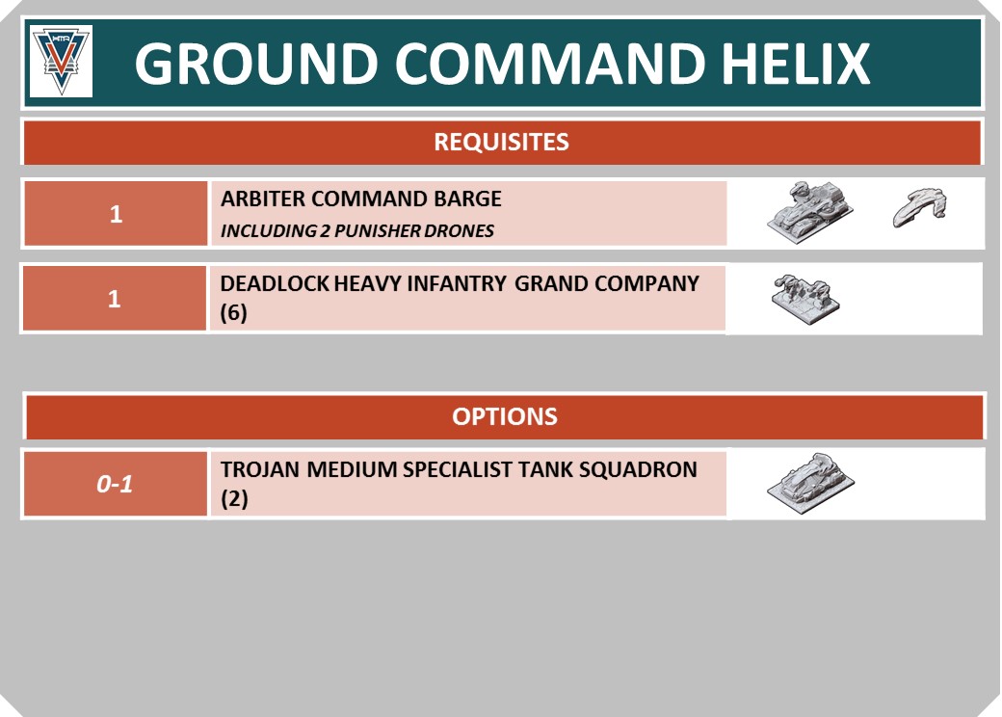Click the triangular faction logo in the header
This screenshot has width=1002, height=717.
[x=62, y=62]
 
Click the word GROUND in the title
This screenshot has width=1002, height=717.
[x=256, y=64]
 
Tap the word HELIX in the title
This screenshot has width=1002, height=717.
[x=796, y=64]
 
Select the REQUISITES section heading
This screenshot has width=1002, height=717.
[x=501, y=142]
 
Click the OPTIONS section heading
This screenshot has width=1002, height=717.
[x=505, y=416]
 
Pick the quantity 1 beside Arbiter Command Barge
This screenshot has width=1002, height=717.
[x=116, y=214]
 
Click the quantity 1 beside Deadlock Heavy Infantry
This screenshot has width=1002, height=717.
[x=115, y=299]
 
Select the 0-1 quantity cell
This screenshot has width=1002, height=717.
[x=115, y=485]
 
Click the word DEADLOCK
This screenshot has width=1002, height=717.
[x=275, y=283]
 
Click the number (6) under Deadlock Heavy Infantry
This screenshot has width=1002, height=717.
[x=233, y=313]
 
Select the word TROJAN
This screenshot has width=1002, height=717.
[x=260, y=469]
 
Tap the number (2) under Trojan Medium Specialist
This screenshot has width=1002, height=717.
[x=234, y=499]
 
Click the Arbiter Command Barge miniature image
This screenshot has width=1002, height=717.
[x=810, y=212]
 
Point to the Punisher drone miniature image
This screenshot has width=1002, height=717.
[x=919, y=207]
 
